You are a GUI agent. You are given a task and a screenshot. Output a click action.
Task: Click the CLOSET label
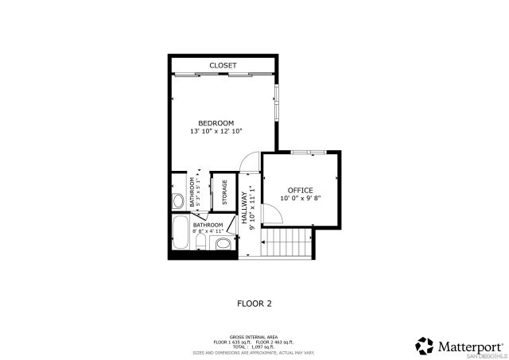(223, 65)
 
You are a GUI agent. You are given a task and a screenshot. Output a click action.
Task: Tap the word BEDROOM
(216, 122)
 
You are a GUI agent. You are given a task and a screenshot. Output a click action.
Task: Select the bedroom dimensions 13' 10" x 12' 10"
(216, 131)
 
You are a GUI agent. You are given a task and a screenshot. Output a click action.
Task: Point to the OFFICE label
(300, 190)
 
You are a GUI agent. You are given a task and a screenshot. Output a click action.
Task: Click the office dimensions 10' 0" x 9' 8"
(300, 199)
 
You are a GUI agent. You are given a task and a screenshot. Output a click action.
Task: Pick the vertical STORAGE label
(224, 192)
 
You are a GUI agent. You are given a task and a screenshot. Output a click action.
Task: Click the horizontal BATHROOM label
(208, 225)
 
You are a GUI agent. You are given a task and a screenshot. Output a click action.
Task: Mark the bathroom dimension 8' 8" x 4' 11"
(208, 232)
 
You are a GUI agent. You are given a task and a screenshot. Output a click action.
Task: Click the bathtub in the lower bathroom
(180, 234)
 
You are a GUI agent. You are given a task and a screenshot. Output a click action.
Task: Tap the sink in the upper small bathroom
(179, 199)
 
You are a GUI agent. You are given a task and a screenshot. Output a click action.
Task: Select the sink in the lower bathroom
(223, 246)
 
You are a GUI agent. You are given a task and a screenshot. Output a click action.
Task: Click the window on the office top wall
(308, 151)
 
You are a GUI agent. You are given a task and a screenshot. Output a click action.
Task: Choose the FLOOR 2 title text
(255, 303)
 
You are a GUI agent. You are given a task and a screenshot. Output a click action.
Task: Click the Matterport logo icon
(425, 345)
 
